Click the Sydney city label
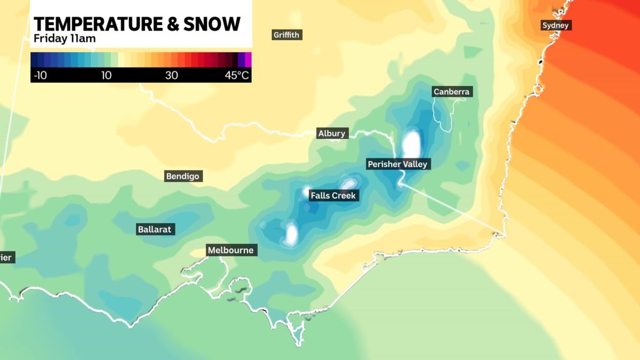(x=556, y=26)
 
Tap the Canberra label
(x=451, y=92)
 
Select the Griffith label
(x=287, y=35)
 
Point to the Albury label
(x=331, y=134)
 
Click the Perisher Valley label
(x=397, y=164)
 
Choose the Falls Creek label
(x=333, y=196)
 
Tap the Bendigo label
(x=182, y=176)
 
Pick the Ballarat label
(x=154, y=229)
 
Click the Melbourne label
(x=231, y=251)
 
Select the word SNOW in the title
(x=216, y=24)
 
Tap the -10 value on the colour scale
(x=39, y=76)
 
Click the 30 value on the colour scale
(x=172, y=76)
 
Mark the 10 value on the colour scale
(x=106, y=76)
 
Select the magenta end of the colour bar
(x=247, y=59)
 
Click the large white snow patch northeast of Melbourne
(x=291, y=233)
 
